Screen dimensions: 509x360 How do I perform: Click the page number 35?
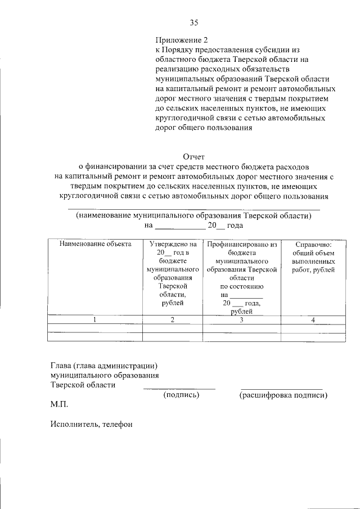[193, 23]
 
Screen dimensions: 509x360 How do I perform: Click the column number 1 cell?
[95, 320]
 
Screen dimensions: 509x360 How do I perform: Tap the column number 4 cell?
[313, 320]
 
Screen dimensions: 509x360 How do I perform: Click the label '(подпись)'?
[181, 395]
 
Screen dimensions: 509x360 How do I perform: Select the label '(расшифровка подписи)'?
[283, 395]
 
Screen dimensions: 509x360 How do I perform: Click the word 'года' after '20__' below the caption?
[235, 226]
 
